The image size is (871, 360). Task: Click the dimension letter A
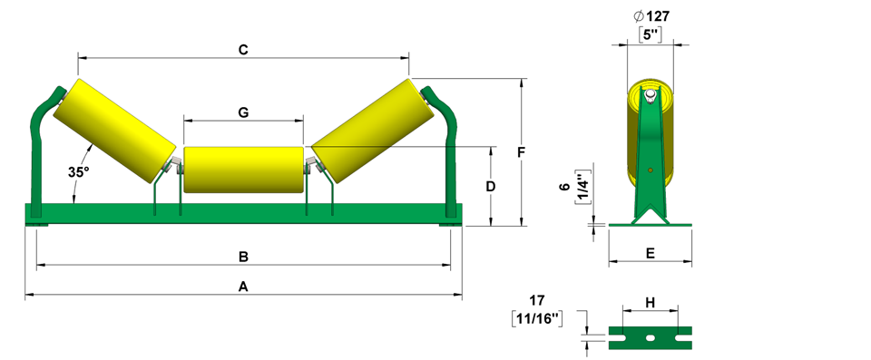(x=243, y=287)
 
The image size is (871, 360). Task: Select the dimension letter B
(x=243, y=257)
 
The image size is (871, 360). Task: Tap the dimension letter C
(x=243, y=50)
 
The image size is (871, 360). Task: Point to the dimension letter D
(x=491, y=187)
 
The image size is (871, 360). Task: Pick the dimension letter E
(x=651, y=253)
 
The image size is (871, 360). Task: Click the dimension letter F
(x=521, y=152)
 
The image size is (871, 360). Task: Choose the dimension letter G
(x=243, y=112)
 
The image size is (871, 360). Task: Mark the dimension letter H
(x=651, y=302)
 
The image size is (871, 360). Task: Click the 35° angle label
(x=79, y=172)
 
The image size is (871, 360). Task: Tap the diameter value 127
(x=651, y=16)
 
